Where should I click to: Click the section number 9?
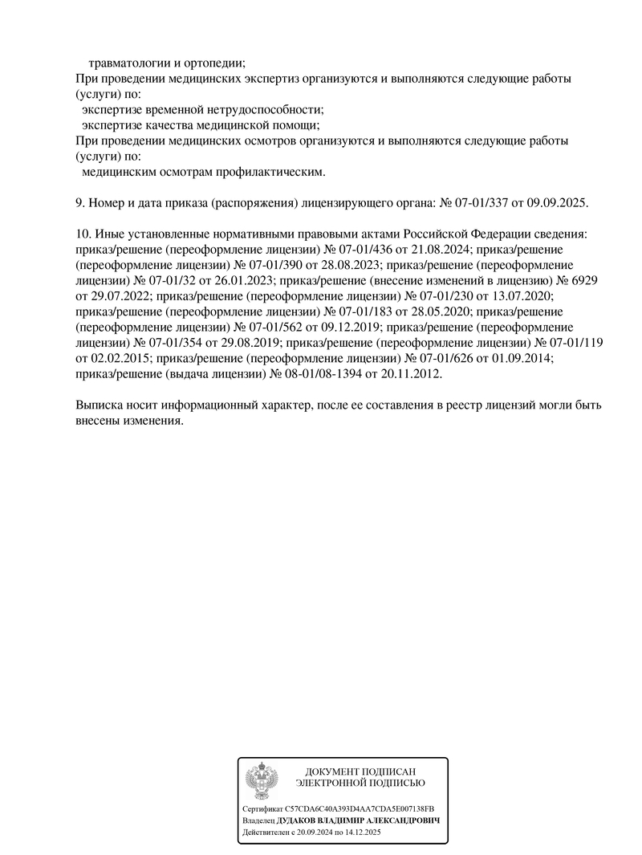[x=79, y=202]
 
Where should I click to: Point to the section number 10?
[x=82, y=234]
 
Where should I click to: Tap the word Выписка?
[x=100, y=405]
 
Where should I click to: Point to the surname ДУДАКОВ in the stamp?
[x=299, y=821]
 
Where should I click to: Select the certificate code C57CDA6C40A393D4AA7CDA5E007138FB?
[x=360, y=808]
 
